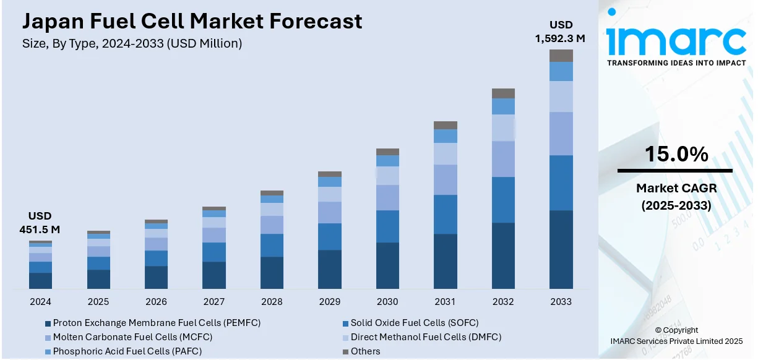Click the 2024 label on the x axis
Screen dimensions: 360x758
coord(40,302)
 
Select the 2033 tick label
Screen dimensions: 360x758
coord(561,302)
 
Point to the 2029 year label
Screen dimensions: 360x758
coord(329,302)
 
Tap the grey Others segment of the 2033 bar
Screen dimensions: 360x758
coord(561,56)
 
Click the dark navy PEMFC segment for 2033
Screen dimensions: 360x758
coord(561,249)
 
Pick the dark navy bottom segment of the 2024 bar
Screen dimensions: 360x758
coord(40,280)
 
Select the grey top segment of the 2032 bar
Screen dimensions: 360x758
coord(503,93)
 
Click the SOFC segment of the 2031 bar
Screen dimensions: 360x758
coord(446,214)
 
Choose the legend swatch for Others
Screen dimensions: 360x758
coord(345,352)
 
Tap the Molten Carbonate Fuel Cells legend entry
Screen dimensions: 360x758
coord(132,337)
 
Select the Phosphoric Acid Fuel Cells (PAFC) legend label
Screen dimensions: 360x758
coord(127,351)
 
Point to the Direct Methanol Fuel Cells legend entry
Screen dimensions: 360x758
coord(425,337)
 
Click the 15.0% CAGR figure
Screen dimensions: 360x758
coord(676,155)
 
